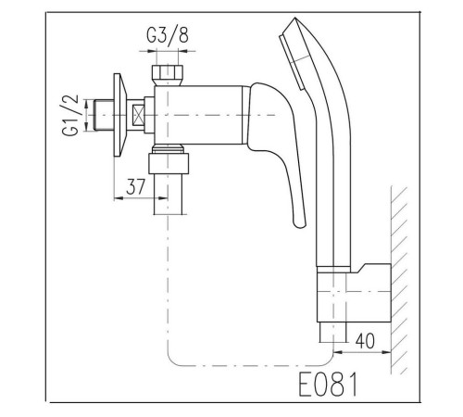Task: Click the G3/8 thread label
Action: tap(168, 35)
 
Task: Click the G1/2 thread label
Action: tap(70, 116)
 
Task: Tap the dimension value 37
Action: tap(135, 187)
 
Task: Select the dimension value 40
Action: tap(365, 341)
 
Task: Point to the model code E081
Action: tap(328, 384)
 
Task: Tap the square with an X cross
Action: tap(138, 115)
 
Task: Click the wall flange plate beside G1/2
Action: tap(119, 115)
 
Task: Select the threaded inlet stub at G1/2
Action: tap(104, 115)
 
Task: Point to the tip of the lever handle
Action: tap(299, 226)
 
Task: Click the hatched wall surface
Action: tap(399, 280)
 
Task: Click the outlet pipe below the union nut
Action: tap(170, 194)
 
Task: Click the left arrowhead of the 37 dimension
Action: tap(119, 198)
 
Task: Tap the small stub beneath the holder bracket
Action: tap(332, 333)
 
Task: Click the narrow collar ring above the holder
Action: tap(333, 270)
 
